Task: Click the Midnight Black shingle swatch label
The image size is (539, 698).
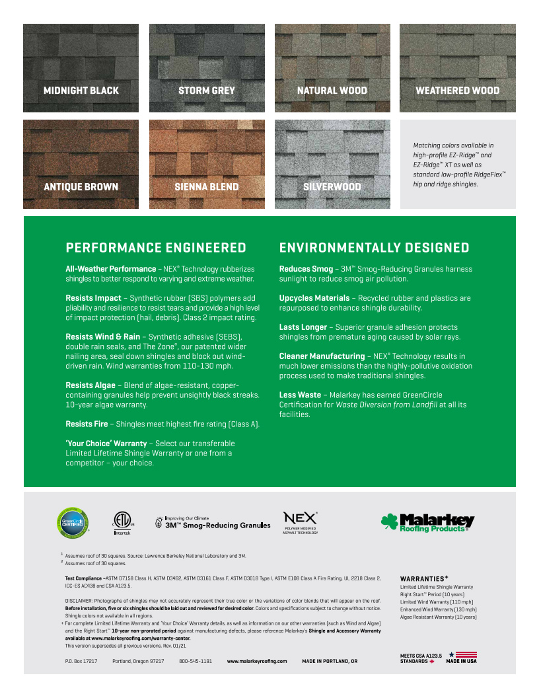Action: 81,91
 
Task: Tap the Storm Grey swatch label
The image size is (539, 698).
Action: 207,91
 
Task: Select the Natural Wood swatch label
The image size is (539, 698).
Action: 332,91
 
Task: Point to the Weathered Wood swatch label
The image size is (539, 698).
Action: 457,91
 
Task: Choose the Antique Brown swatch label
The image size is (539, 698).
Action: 81,187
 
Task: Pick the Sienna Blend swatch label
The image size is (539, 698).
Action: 207,187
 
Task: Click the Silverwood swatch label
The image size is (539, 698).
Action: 332,187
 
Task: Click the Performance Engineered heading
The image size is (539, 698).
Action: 156,248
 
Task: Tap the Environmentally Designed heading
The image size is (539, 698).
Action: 375,248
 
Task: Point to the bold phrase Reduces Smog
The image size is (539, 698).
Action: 306,269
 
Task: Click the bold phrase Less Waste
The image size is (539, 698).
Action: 301,395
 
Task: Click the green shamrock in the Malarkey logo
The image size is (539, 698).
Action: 389,522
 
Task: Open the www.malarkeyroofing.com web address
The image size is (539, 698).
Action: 257,661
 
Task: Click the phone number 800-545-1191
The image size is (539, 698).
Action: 196,661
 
